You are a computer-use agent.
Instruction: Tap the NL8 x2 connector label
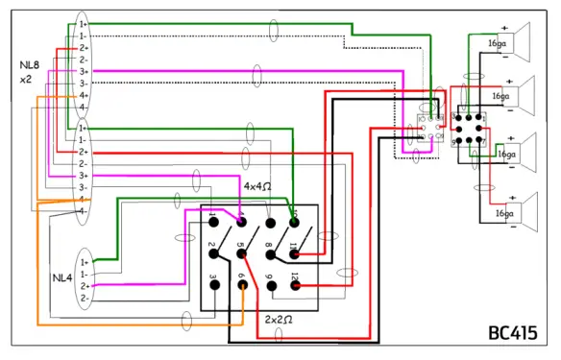tap(28, 71)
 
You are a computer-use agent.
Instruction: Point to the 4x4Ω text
tap(258, 185)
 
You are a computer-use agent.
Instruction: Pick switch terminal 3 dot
tap(214, 284)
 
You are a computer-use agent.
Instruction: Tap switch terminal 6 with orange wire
tap(243, 284)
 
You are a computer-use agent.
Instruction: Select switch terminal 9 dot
tap(270, 284)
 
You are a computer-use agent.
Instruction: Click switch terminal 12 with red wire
tap(297, 284)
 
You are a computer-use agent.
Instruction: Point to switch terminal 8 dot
tap(270, 252)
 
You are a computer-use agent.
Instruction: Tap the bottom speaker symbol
tap(521, 213)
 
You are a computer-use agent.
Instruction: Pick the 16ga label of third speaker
tap(504, 153)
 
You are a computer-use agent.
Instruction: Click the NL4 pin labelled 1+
tap(85, 261)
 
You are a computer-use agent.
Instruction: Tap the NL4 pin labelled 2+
tap(85, 286)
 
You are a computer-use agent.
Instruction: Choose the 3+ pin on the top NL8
tap(84, 72)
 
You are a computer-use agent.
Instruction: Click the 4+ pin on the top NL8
tap(84, 96)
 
